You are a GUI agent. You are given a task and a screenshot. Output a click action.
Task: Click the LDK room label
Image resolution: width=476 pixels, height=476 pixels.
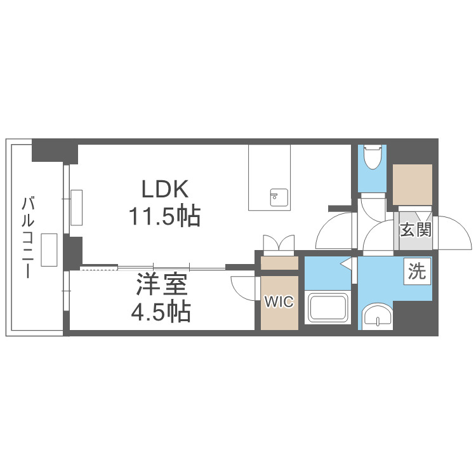[164, 189]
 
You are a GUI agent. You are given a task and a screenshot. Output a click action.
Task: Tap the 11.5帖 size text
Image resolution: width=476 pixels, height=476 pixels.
[164, 216]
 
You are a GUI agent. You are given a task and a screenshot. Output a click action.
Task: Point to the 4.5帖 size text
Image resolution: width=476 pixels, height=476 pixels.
[162, 312]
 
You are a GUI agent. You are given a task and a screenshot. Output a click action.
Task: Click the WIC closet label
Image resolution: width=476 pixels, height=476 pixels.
[279, 302]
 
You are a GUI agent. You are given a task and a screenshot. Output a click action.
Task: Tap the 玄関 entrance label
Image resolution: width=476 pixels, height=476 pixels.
[416, 229]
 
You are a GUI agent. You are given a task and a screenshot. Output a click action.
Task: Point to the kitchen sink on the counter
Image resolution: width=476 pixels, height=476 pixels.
[279, 197]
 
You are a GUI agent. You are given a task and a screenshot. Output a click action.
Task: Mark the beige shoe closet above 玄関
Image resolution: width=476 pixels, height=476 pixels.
[412, 185]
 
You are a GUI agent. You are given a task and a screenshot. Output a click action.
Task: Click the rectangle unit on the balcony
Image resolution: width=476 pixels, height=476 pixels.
[50, 249]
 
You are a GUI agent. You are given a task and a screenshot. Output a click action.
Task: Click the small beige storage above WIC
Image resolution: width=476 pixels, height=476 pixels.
[279, 263]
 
